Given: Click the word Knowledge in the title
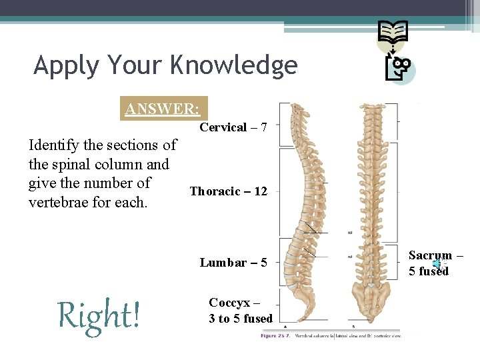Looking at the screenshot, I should (x=233, y=65).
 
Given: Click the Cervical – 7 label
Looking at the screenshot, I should (x=233, y=127).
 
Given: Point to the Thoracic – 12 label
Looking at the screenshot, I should (x=228, y=191).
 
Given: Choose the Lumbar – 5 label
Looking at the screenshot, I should (x=233, y=262).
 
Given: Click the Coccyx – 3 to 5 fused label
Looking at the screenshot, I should (x=240, y=310).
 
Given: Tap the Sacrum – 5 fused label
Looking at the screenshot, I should (x=435, y=263).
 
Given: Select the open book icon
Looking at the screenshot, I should (x=393, y=31).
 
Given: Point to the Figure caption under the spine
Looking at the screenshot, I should (x=331, y=335).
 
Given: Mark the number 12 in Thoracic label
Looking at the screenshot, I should (x=259, y=191).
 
